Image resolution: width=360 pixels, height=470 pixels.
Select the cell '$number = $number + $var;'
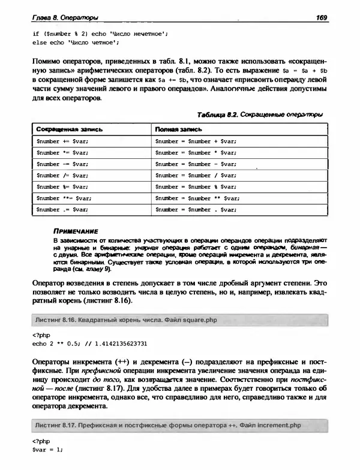click(x=196, y=141)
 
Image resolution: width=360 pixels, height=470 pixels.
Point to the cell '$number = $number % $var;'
click(x=196, y=186)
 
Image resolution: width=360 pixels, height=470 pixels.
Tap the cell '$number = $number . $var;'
click(x=196, y=209)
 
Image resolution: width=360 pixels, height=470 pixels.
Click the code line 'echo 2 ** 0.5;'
click(x=58, y=344)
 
